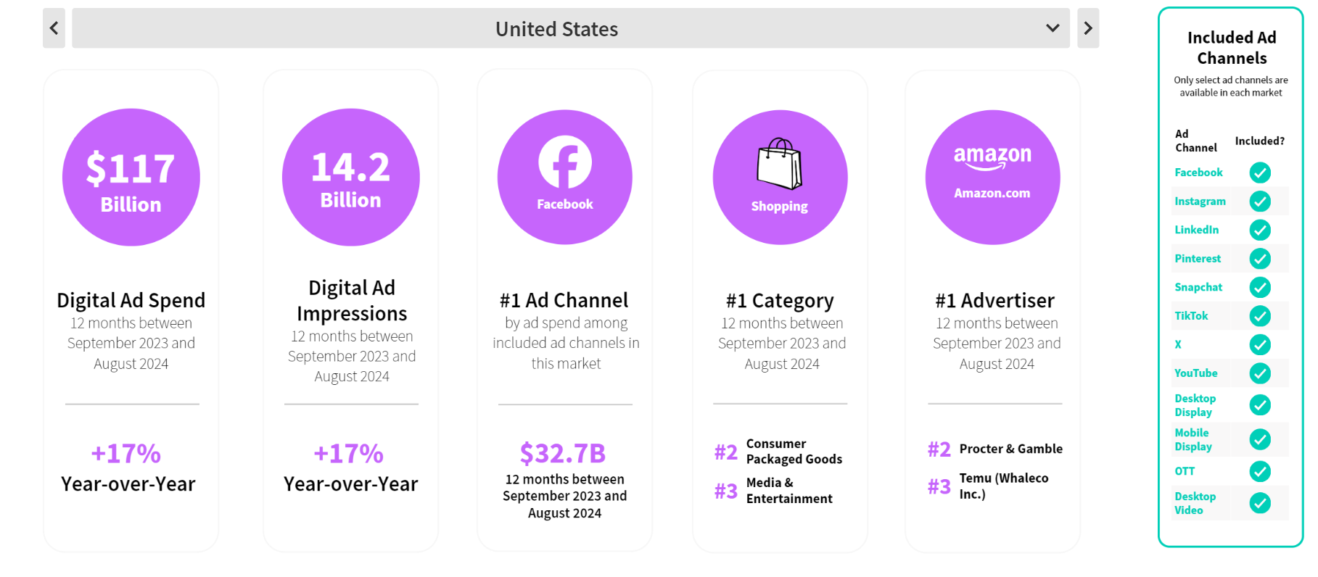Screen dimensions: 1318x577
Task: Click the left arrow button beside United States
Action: pyautogui.click(x=54, y=28)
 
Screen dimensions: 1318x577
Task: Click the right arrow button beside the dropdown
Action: pyautogui.click(x=1088, y=28)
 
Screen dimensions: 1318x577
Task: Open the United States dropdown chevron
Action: pyautogui.click(x=1053, y=28)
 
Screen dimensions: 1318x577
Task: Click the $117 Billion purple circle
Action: pyautogui.click(x=131, y=177)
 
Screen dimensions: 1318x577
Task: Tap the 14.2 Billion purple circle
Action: pyautogui.click(x=351, y=177)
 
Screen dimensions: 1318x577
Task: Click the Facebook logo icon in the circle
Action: pyautogui.click(x=565, y=162)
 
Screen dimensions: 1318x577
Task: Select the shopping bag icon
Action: pyautogui.click(x=780, y=164)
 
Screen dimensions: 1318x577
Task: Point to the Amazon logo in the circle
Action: pyautogui.click(x=992, y=157)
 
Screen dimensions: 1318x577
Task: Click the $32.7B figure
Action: pyautogui.click(x=563, y=454)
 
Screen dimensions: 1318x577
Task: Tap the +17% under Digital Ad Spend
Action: pyautogui.click(x=125, y=454)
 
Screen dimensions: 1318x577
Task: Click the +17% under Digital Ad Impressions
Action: pyautogui.click(x=348, y=454)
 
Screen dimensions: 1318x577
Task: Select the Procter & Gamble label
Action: pyautogui.click(x=1011, y=449)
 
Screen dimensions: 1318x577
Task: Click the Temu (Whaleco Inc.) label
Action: pyautogui.click(x=1004, y=486)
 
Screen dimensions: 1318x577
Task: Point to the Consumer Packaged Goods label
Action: pyautogui.click(x=794, y=451)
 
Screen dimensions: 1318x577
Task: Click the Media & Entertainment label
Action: pyautogui.click(x=789, y=491)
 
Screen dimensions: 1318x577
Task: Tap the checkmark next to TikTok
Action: pyautogui.click(x=1260, y=316)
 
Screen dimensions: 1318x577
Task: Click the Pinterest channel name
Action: pyautogui.click(x=1198, y=259)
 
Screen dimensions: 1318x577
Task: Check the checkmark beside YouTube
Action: pyautogui.click(x=1260, y=373)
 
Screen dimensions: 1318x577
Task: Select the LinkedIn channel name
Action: pyautogui.click(x=1197, y=230)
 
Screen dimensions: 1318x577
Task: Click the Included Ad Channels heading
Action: pyautogui.click(x=1232, y=48)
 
